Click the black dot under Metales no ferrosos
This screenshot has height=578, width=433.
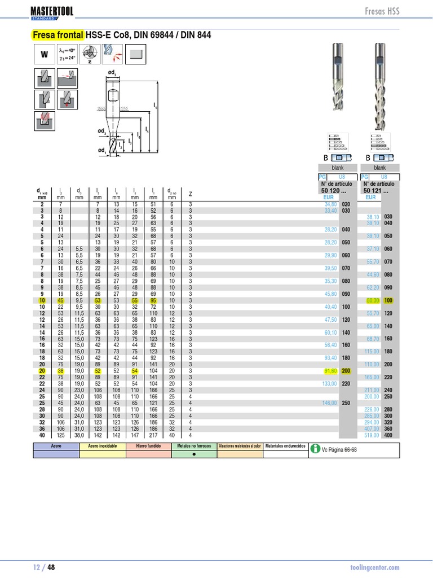pyautogui.click(x=193, y=453)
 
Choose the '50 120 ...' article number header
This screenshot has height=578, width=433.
pyautogui.click(x=335, y=191)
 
